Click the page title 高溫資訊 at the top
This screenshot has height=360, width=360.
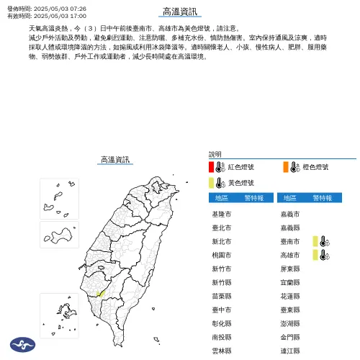click(x=181, y=12)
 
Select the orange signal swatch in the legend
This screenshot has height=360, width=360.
click(x=286, y=167)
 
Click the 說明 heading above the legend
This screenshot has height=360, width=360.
click(x=215, y=154)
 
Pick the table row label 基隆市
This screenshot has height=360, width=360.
click(x=222, y=215)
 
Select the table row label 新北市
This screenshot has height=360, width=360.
click(x=222, y=242)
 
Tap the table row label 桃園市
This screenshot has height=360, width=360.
click(x=222, y=256)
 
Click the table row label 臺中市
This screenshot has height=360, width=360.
click(x=222, y=310)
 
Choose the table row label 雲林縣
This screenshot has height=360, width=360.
click(x=222, y=351)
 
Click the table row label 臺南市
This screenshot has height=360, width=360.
click(x=291, y=242)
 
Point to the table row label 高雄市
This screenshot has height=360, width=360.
click(x=291, y=256)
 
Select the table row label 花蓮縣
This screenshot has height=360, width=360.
click(x=291, y=296)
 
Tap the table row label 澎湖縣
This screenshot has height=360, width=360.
click(x=291, y=323)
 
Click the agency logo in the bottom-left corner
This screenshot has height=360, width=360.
click(x=19, y=346)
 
